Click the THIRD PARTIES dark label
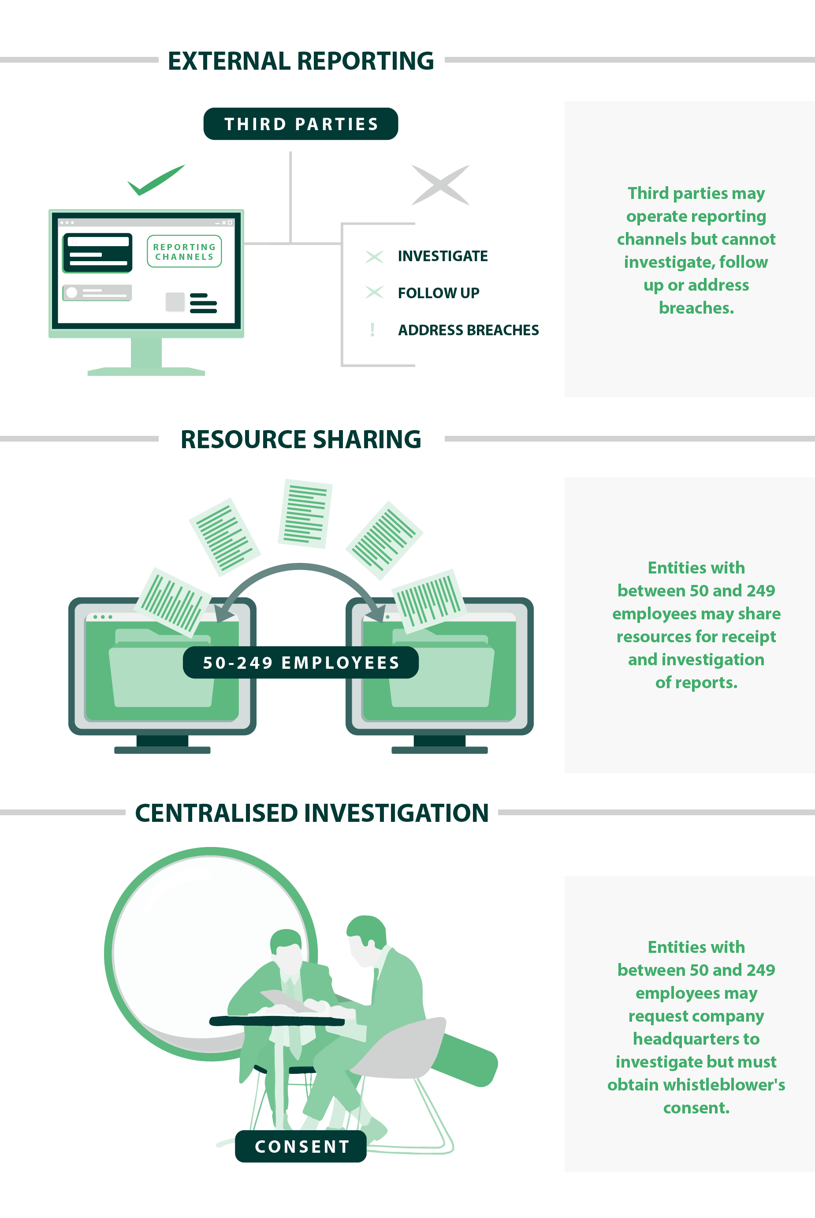[x=301, y=124]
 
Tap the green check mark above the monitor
[x=156, y=180]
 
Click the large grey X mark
[x=440, y=185]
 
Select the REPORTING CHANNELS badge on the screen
[x=184, y=252]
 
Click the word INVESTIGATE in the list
[x=443, y=256]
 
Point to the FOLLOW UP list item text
[x=438, y=293]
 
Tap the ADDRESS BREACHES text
[x=468, y=330]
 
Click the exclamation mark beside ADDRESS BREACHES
[x=372, y=330]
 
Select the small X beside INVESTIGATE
[x=374, y=256]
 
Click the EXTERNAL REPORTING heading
[x=301, y=61]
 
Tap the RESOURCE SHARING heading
[x=301, y=439]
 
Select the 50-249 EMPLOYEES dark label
[x=301, y=663]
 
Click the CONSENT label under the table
[x=301, y=1146]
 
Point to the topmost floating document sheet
[x=305, y=514]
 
